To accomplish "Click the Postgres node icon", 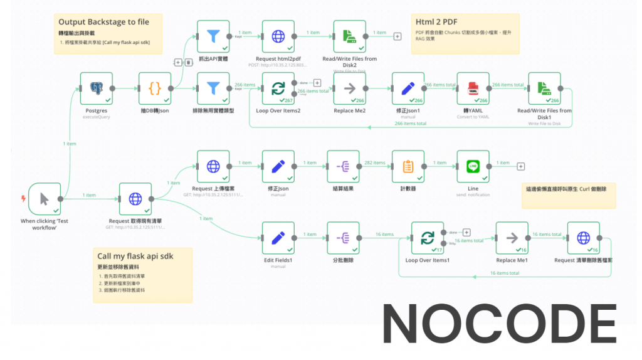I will pyautogui.click(x=97, y=88).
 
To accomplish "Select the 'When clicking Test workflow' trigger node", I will pyautogui.click(x=45, y=199).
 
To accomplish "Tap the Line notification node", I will pyautogui.click(x=473, y=167).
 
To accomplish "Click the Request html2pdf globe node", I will pyautogui.click(x=278, y=36).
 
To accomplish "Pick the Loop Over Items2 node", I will pyautogui.click(x=278, y=88).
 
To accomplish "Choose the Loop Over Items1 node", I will pyautogui.click(x=428, y=238).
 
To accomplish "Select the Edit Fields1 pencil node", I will pyautogui.click(x=278, y=238).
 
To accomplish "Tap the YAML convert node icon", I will pyautogui.click(x=473, y=88).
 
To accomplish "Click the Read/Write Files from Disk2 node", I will pyautogui.click(x=350, y=36).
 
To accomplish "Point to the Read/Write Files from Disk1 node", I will pyautogui.click(x=544, y=88).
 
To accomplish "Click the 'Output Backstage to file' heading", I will pyautogui.click(x=104, y=22).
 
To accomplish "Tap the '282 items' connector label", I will pyautogui.click(x=375, y=163).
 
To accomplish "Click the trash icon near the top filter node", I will pyautogui.click(x=189, y=62).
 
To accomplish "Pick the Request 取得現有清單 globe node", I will pyautogui.click(x=135, y=199).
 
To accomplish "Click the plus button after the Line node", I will pyautogui.click(x=520, y=166).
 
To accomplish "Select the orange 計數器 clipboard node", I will pyautogui.click(x=408, y=167).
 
